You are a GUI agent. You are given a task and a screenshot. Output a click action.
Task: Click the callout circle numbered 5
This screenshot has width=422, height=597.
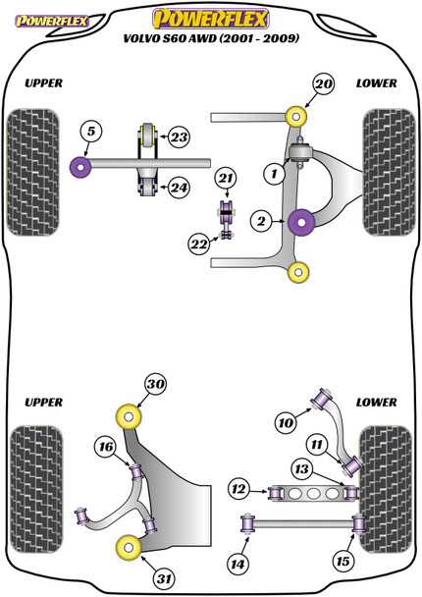tap(91, 132)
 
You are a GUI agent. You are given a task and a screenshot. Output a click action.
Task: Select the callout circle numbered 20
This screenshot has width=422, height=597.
tap(324, 83)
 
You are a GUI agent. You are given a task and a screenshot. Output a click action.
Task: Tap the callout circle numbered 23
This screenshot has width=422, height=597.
tap(179, 136)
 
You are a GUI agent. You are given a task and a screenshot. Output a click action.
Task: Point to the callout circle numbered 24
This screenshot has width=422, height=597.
tap(179, 188)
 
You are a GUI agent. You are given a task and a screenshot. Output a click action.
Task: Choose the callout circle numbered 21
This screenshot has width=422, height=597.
tap(226, 178)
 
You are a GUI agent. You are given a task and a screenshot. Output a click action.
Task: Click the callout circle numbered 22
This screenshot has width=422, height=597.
tap(199, 244)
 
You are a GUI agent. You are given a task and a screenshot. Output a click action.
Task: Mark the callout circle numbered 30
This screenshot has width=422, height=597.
tap(155, 384)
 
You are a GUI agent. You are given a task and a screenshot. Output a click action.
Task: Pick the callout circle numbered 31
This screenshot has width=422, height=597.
tap(165, 578)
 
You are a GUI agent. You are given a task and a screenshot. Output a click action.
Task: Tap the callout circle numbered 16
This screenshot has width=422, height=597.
tap(106, 446)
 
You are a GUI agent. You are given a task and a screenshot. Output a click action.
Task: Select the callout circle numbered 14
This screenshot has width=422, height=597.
tap(238, 564)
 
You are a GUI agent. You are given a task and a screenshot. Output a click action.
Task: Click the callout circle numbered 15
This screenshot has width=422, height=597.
tap(343, 561)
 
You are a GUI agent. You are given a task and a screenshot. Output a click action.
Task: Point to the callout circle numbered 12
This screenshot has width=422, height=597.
tap(238, 489)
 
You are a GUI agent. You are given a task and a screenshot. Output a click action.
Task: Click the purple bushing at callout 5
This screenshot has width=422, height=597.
tap(80, 167)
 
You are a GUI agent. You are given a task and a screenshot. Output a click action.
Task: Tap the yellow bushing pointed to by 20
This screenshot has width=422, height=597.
tap(296, 117)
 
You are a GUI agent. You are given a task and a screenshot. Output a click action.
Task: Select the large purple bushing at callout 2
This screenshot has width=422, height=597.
tap(301, 222)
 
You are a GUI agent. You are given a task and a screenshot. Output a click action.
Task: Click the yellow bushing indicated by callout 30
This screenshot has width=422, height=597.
tap(129, 417)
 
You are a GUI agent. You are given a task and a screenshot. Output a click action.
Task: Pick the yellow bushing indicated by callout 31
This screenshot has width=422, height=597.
tap(129, 547)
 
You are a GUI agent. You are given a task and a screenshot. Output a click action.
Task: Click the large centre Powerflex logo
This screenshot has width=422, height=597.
tap(211, 19)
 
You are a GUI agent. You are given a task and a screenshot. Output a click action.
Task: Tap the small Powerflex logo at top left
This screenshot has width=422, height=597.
tap(51, 21)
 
